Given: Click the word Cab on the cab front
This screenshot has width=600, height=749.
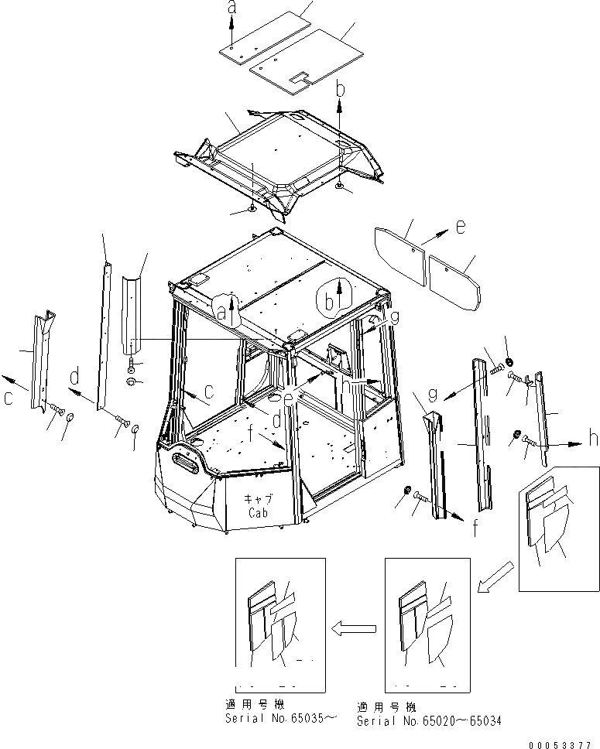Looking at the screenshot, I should tap(259, 513).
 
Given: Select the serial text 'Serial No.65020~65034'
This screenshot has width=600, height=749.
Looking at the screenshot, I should tap(429, 720).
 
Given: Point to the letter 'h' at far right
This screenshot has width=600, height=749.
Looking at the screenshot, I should tap(593, 438).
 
